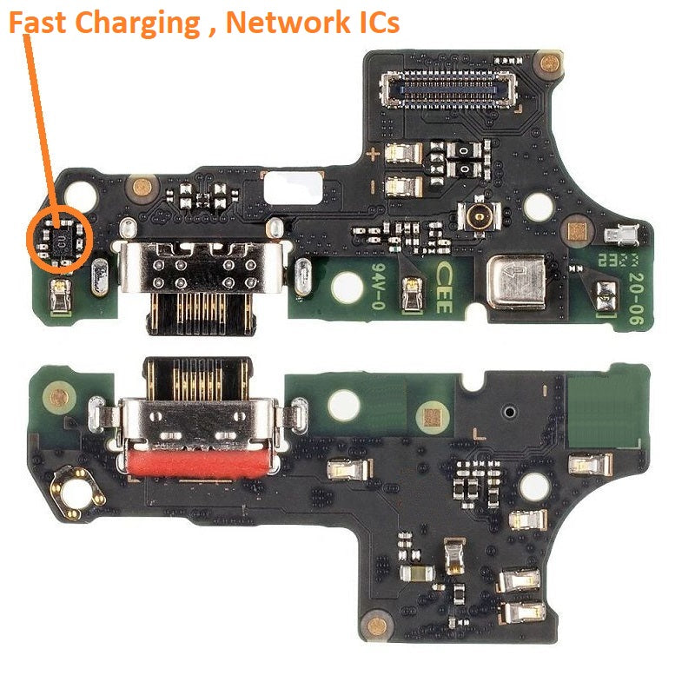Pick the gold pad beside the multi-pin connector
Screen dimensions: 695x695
pos(547,63)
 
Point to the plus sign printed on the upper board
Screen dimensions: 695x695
pos(374,155)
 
